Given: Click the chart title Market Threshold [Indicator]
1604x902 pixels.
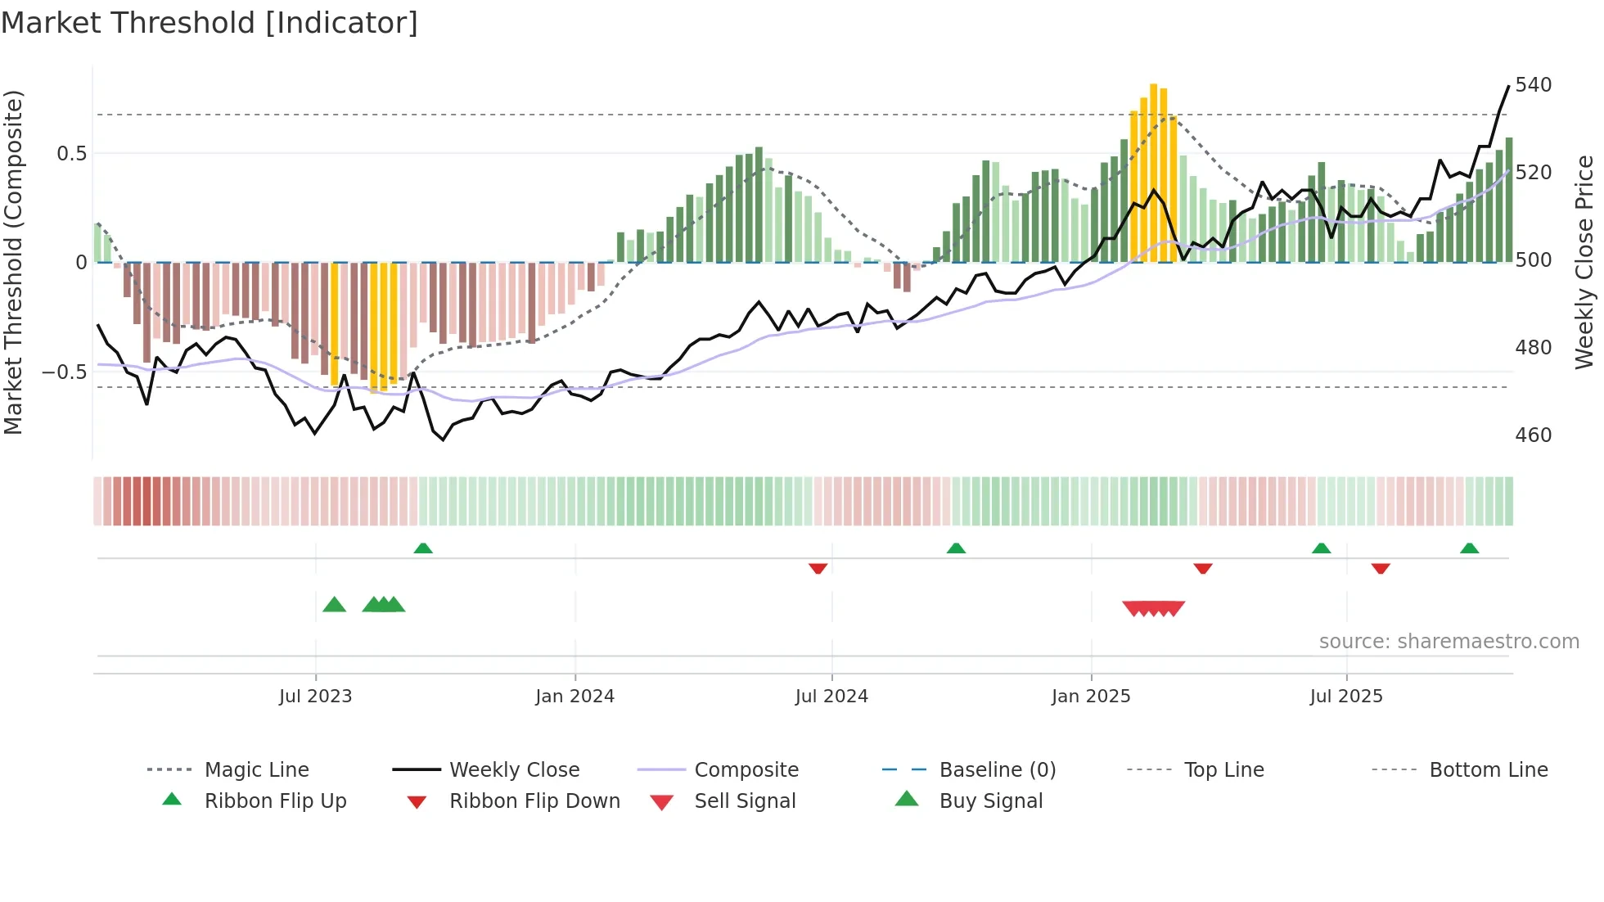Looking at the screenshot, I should pos(210,23).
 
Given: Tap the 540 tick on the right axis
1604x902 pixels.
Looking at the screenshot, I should pos(1533,85).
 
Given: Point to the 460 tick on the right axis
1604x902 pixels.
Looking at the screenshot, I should pos(1533,435).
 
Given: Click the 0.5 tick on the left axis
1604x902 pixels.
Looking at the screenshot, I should pos(71,153).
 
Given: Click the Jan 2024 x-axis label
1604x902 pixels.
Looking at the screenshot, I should pos(574,697).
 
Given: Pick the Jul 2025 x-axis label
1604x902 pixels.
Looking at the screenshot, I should pos(1346,697).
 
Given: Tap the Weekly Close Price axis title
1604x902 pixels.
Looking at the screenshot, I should pos(1584,262).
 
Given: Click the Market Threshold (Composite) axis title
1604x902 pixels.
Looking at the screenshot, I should pos(14,262).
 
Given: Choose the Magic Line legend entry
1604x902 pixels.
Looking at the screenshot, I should pos(256,770).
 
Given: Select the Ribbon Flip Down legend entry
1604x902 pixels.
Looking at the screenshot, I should pos(534,801).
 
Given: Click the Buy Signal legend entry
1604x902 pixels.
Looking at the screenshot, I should pos(990,801).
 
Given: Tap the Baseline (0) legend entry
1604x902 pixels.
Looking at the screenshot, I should pos(997,770).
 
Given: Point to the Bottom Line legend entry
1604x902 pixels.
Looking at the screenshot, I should pos(1488,770).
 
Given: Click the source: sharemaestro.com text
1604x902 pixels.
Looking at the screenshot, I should pos(1449,642).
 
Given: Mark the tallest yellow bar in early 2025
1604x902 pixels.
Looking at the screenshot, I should pos(1153,172).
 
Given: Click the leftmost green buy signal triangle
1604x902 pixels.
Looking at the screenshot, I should pos(334,605).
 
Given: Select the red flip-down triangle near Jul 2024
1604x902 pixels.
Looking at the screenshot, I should pos(818,568).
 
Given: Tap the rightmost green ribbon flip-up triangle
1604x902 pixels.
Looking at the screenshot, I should pos(1469,548).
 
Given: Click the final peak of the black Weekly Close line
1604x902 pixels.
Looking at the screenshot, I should pos(1508,86).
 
